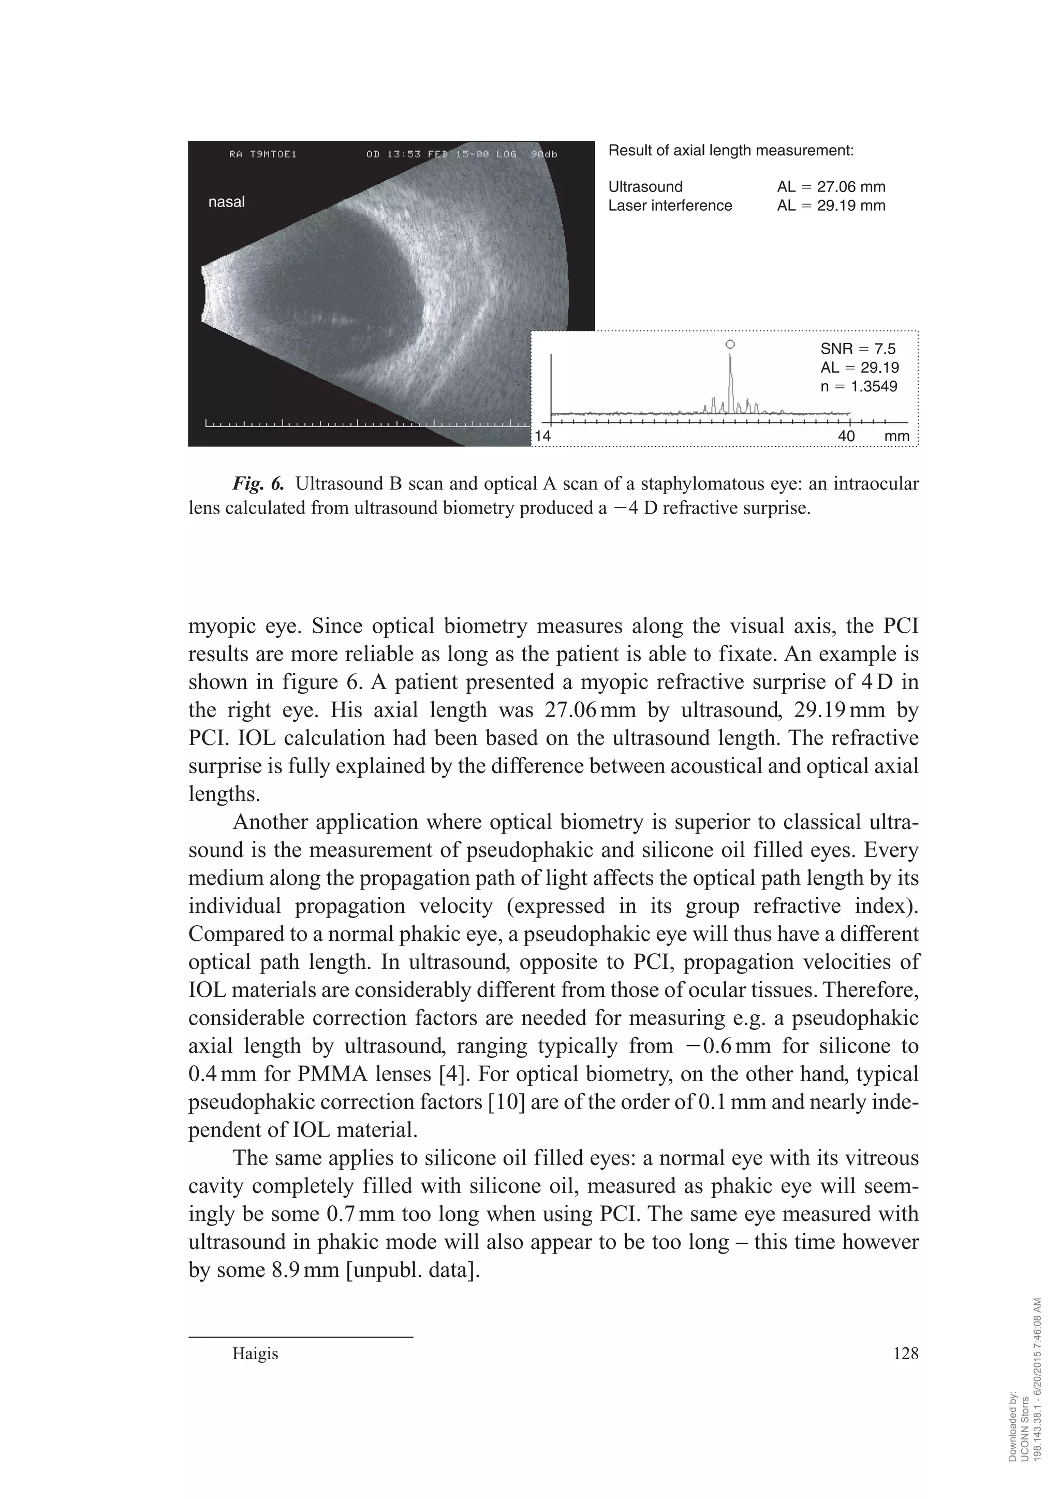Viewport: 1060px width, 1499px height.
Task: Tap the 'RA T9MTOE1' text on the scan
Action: coord(263,155)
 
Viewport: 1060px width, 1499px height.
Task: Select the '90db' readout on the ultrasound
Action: coord(543,155)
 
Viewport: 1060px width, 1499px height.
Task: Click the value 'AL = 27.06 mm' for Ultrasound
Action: coord(831,187)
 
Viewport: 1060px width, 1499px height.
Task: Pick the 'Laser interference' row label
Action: coord(670,206)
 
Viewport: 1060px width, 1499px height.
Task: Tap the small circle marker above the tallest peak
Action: coord(730,344)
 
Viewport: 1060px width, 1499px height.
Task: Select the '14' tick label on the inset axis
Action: coord(543,435)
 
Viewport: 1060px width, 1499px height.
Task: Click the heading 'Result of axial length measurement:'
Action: coord(730,151)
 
